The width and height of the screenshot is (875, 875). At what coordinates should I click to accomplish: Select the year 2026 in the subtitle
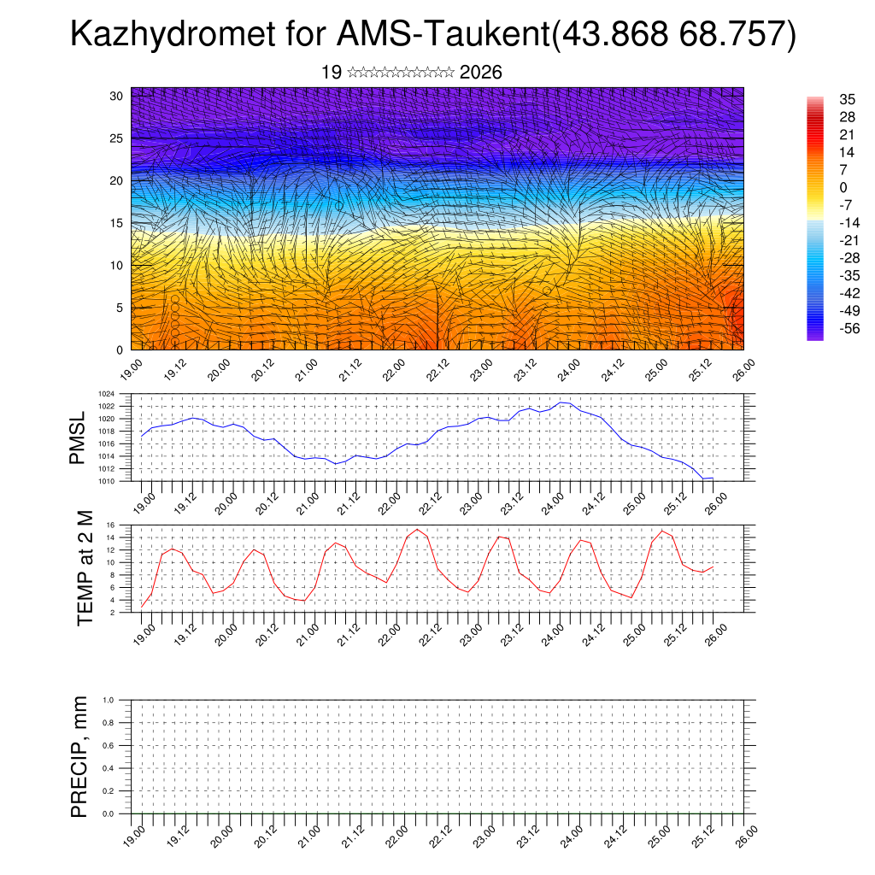point(480,73)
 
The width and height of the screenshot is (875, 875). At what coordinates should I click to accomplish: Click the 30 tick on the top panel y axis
point(116,96)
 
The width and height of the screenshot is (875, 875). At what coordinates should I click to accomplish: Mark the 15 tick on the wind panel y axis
point(116,223)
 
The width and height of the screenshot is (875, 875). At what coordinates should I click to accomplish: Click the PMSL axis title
point(78,437)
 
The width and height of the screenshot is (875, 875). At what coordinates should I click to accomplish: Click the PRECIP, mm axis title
point(79,756)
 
